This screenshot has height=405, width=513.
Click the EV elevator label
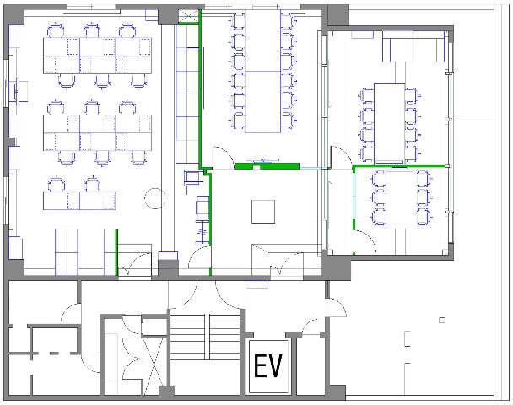(267, 366)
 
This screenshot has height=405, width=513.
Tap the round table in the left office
(154, 198)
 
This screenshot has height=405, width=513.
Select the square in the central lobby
(263, 212)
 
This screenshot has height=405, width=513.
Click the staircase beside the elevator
(205, 337)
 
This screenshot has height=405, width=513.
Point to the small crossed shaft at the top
(189, 16)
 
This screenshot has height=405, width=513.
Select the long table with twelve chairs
(262, 71)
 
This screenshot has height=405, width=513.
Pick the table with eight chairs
(389, 123)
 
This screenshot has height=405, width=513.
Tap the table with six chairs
(402, 198)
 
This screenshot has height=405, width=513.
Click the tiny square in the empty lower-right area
(442, 320)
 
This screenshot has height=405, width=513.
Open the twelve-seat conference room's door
(223, 158)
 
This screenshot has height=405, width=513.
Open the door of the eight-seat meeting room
(342, 158)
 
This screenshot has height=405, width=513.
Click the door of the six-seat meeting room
(364, 241)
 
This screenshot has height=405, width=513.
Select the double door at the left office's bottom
(134, 265)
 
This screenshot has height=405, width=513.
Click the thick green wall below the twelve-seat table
(267, 166)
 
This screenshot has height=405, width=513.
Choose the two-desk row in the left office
(79, 201)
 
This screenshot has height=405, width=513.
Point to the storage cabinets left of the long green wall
(187, 94)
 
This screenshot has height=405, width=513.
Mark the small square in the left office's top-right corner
(152, 15)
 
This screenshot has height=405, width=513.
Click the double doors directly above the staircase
(206, 294)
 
